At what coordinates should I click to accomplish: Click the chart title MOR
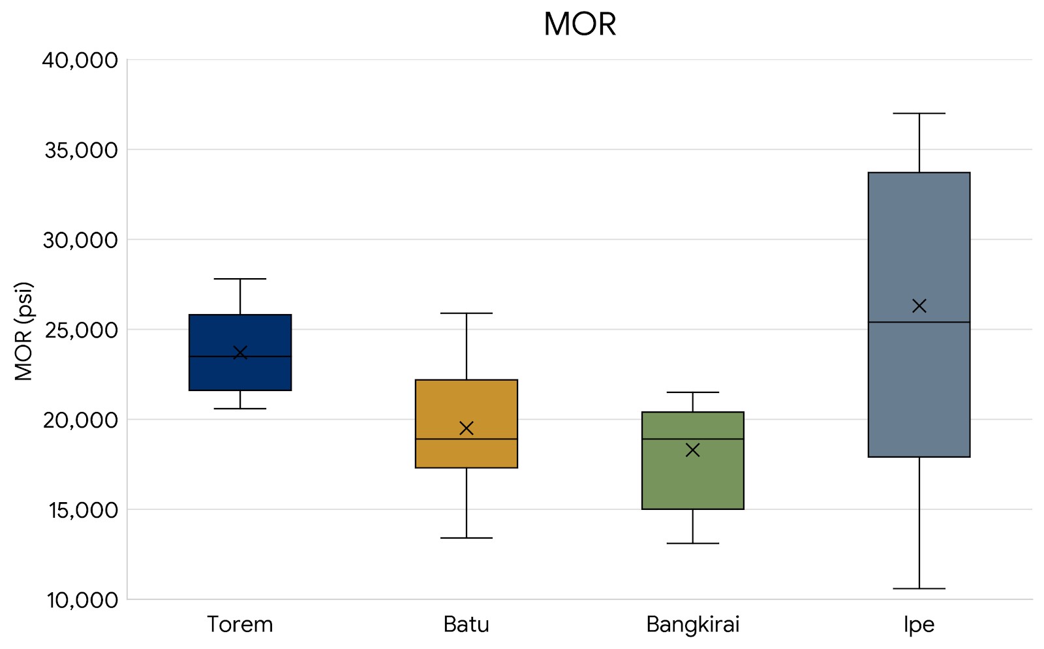(579, 25)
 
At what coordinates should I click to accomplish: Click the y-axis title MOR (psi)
(23, 331)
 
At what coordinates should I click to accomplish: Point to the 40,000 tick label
(80, 61)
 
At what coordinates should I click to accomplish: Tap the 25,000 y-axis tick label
(80, 330)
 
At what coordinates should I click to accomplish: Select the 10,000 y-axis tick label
(80, 600)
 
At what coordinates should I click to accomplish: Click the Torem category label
(240, 625)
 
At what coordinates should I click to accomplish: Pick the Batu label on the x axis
(466, 625)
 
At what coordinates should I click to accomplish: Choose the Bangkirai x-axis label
(692, 625)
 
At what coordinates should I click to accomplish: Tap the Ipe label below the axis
(919, 625)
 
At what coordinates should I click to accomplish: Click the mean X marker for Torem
(240, 353)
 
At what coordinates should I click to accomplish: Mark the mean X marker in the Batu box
(467, 428)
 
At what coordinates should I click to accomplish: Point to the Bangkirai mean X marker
(693, 450)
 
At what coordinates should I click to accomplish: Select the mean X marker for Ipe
(919, 306)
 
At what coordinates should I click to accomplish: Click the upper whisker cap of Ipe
(919, 114)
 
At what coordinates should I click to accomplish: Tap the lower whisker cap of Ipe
(919, 588)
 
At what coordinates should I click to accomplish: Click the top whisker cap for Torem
(240, 279)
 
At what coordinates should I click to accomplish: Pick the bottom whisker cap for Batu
(467, 538)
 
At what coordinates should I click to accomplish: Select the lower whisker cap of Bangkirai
(693, 543)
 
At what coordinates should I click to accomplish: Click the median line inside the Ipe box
(919, 323)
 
